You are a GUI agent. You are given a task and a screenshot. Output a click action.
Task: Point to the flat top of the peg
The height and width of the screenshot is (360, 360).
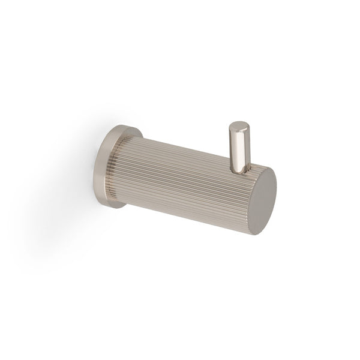(x=238, y=126)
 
